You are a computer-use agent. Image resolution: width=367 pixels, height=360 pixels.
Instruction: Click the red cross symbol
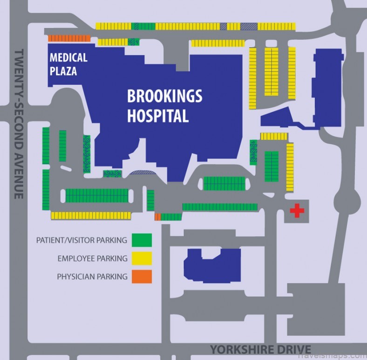coord(297,211)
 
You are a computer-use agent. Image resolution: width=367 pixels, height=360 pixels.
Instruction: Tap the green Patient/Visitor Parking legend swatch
coord(142,240)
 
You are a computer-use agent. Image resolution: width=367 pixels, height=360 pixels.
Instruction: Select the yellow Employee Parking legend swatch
coord(142,258)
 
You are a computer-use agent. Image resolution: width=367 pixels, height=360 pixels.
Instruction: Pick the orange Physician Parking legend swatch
coord(142,277)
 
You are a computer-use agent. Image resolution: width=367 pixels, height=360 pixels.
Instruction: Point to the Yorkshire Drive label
coord(260,349)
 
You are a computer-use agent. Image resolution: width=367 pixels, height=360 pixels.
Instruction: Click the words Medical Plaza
coord(68,64)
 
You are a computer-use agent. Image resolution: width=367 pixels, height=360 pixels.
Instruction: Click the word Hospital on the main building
coord(158,115)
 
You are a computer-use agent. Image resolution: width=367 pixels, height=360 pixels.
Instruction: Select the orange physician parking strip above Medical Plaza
coord(69,38)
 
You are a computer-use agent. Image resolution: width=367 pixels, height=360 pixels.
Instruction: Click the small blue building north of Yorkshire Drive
coord(212,265)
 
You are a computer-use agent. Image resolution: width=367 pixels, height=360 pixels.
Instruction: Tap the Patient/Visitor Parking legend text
coord(82,241)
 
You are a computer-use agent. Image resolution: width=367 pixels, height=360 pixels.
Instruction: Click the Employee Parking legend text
coord(92,258)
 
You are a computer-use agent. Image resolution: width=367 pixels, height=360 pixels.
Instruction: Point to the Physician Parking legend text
coord(92,277)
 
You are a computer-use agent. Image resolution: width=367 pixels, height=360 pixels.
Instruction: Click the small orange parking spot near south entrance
coord(157,217)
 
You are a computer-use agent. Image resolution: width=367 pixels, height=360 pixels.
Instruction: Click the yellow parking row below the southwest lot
coord(91,215)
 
